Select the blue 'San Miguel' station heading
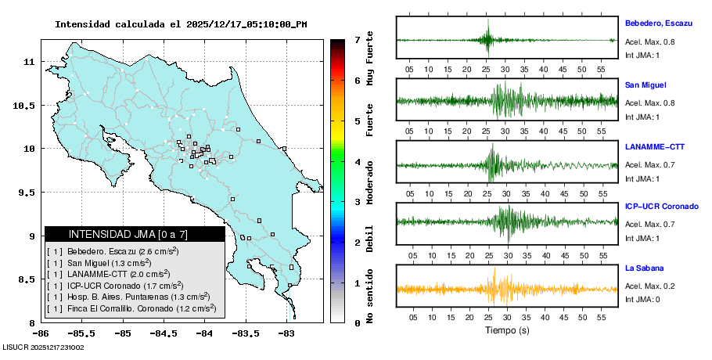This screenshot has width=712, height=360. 645,85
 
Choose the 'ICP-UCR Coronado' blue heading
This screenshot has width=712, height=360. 661,207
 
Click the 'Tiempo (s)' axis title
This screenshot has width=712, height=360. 507,330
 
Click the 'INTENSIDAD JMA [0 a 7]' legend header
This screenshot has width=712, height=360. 134,234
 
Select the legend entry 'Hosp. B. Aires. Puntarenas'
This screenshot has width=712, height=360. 138,297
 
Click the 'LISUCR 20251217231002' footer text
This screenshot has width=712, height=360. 43,346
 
